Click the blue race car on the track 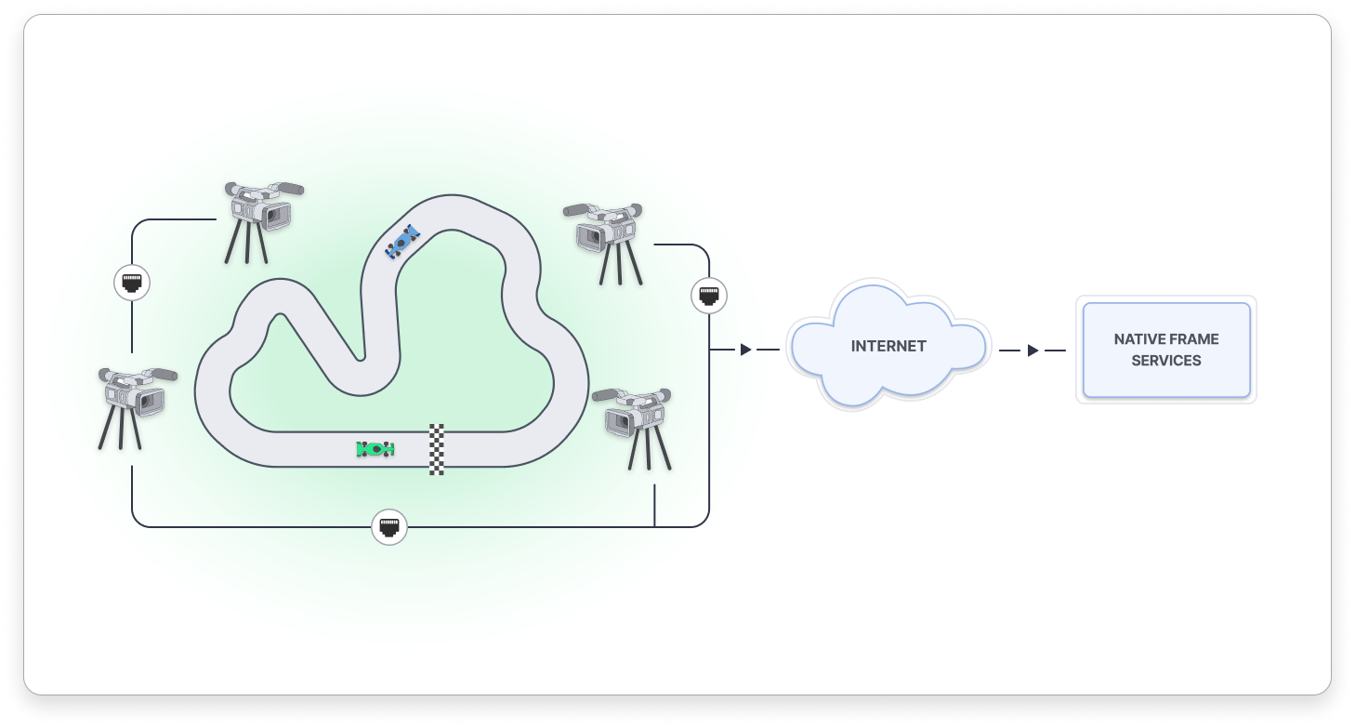coord(402,242)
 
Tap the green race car coord(375,449)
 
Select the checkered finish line coord(437,449)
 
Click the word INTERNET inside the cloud coord(888,346)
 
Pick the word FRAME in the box coord(1194,339)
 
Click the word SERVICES coord(1166,361)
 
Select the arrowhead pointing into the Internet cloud coord(745,351)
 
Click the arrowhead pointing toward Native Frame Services coord(1033,351)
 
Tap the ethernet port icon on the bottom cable coord(389,527)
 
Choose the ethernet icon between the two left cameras coord(132,283)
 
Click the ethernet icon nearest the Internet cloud coord(709,297)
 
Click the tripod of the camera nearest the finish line coord(650,451)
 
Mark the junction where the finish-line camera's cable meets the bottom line coord(655,526)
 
